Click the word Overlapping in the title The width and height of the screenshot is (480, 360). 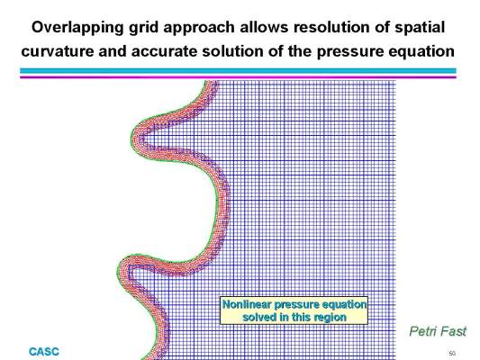(x=77, y=28)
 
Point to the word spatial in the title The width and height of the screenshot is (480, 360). (x=420, y=28)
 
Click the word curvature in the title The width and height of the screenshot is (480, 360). (x=58, y=51)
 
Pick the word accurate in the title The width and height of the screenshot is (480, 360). (x=164, y=51)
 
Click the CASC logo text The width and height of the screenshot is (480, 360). (x=44, y=352)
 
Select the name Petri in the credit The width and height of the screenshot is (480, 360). (x=421, y=331)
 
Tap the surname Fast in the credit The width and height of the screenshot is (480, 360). (x=451, y=331)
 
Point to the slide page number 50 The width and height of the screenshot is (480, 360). (x=452, y=354)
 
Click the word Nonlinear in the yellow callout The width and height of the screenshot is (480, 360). (x=247, y=304)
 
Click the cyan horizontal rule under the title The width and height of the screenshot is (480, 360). (x=238, y=71)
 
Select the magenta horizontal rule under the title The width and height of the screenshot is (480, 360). (x=238, y=76)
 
